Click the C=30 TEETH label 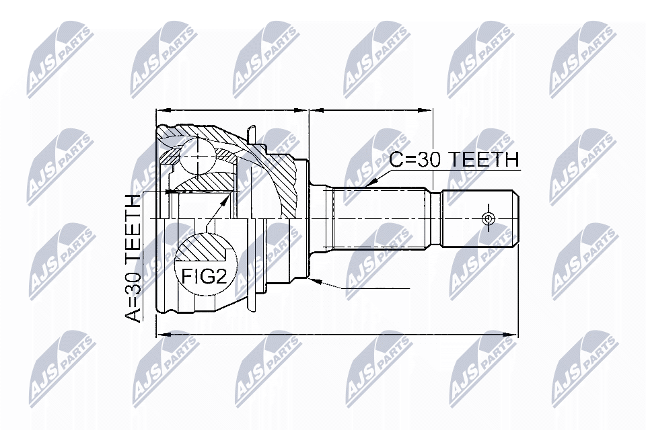click(x=454, y=160)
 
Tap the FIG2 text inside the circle click(x=205, y=277)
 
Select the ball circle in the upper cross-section click(x=197, y=156)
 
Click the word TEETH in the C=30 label click(x=484, y=160)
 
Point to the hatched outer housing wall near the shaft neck click(x=289, y=181)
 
